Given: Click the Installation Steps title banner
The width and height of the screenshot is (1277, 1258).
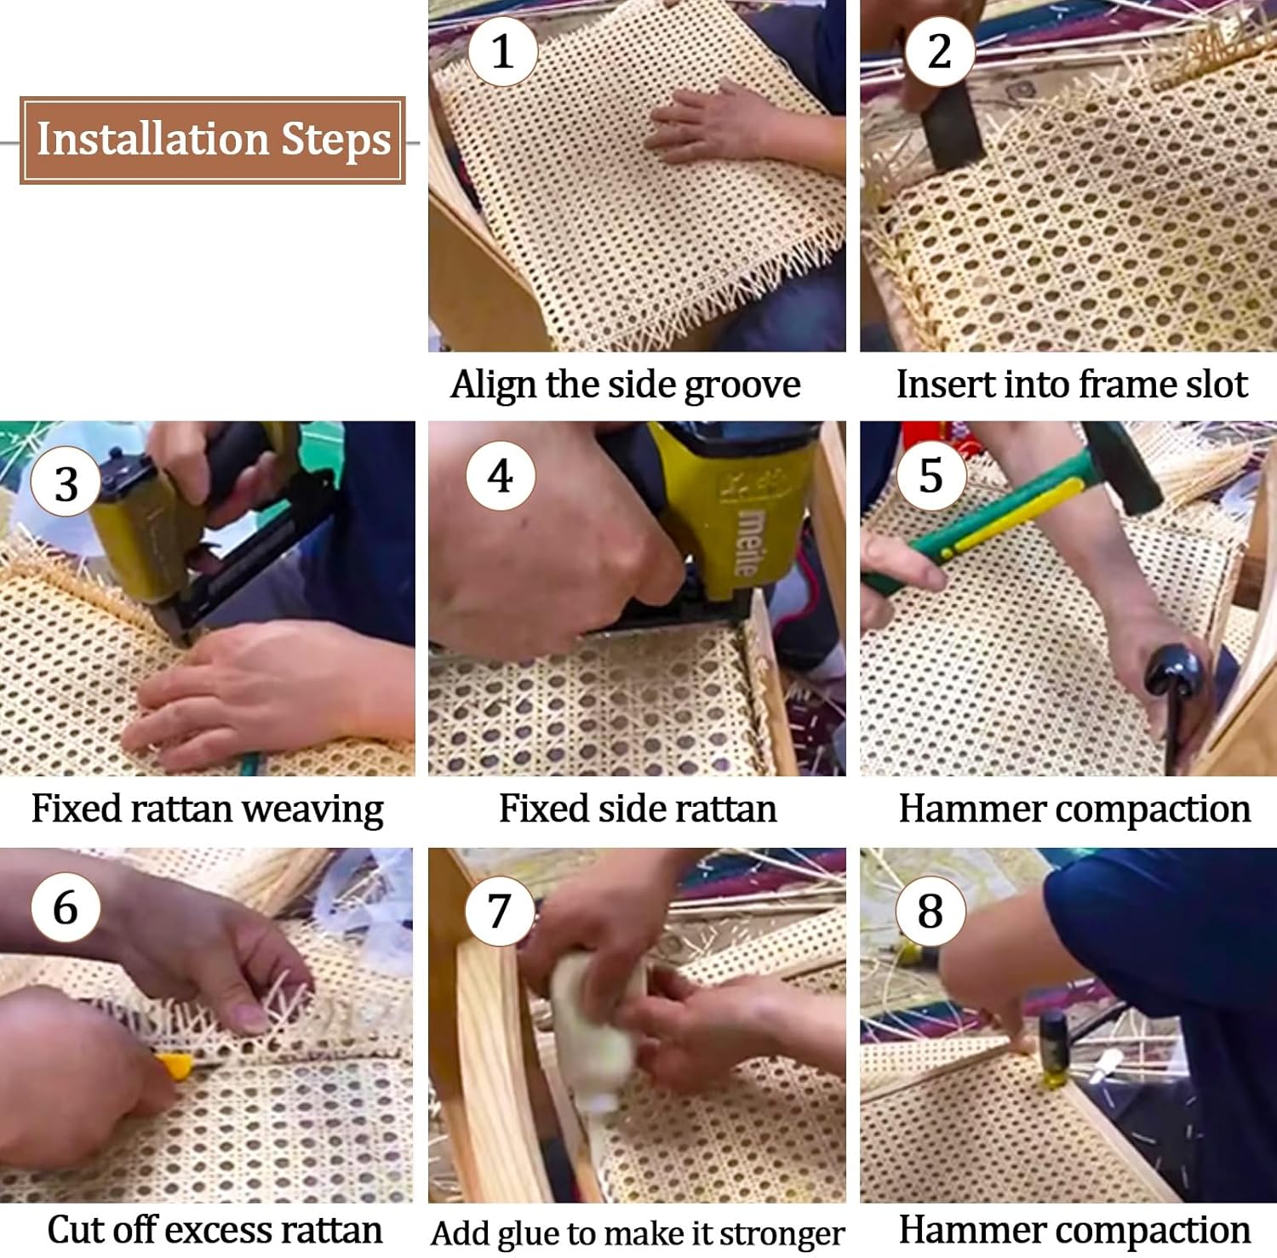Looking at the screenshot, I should click(x=213, y=140).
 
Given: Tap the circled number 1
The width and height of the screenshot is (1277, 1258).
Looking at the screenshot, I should click(x=502, y=51).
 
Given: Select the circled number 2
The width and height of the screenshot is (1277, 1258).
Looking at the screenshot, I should click(x=939, y=51).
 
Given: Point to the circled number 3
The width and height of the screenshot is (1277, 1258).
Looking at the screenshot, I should click(x=66, y=483).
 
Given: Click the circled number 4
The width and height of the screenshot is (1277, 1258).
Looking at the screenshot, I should click(x=501, y=476).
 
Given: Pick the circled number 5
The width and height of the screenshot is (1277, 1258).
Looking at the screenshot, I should click(x=931, y=476).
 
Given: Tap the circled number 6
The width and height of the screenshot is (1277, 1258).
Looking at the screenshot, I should click(x=66, y=907).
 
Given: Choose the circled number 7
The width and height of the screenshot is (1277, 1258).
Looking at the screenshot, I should click(x=500, y=911).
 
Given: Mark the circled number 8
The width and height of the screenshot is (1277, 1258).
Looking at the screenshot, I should click(x=931, y=911).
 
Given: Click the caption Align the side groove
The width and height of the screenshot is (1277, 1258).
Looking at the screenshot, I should click(x=626, y=385).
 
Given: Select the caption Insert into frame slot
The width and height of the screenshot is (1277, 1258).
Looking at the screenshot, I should click(x=1072, y=385).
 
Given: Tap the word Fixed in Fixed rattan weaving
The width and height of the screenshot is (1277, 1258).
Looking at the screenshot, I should click(x=77, y=809).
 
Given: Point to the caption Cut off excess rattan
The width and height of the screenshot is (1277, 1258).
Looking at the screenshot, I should click(x=215, y=1230).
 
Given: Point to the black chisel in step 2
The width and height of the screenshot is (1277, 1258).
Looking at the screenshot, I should click(x=949, y=128).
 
